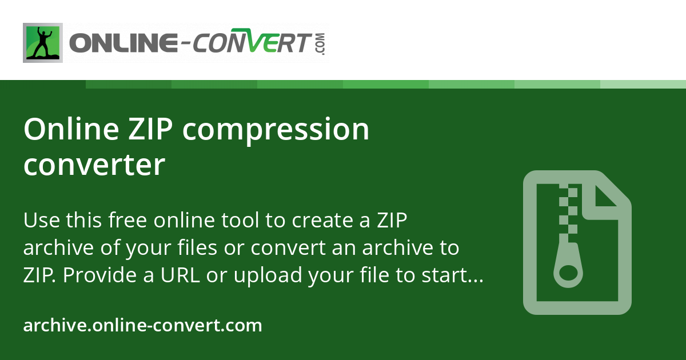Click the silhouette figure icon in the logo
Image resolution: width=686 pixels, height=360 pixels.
coord(43,43)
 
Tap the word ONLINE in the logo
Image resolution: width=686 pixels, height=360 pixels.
coord(123,43)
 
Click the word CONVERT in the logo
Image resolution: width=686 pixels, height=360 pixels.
coord(250,41)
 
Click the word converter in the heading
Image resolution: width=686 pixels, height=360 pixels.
coord(94,165)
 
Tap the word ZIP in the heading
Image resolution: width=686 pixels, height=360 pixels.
coord(150,129)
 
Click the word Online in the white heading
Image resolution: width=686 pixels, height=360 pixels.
coord(71,129)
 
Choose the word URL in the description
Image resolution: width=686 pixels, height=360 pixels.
coord(180,275)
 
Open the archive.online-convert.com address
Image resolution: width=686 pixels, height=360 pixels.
coord(143,325)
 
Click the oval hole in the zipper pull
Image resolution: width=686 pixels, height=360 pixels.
coord(568,273)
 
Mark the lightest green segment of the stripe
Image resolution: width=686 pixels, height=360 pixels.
coord(643,84)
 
